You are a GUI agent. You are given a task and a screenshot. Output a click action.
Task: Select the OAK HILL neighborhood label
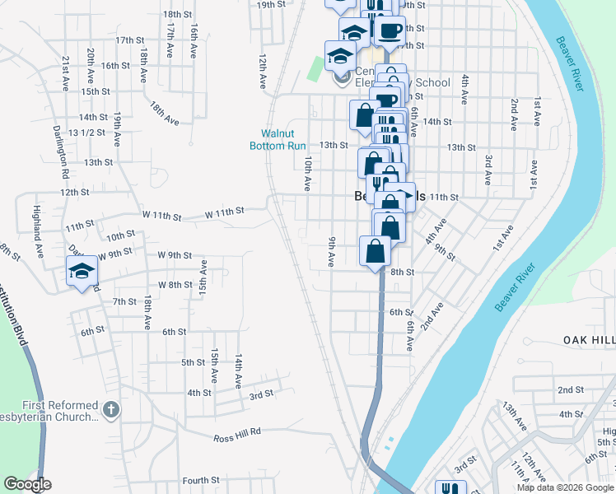coord(589,339)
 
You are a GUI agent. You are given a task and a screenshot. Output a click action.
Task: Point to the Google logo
coord(27,484)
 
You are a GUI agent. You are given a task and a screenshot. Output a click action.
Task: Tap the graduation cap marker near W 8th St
coord(82,272)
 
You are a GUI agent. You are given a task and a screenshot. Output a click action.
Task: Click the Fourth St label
coord(201,480)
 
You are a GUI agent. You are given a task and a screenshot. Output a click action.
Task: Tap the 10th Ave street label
coord(307,174)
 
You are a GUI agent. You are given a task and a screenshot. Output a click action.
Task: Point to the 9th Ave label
coord(331,252)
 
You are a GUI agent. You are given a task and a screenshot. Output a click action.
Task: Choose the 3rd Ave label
coord(488,169)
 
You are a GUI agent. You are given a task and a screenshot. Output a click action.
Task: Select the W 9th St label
coord(174,254)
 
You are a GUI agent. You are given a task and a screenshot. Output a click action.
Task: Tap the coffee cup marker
coord(389,31)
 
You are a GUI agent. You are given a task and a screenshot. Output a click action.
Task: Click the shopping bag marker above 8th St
coord(375,251)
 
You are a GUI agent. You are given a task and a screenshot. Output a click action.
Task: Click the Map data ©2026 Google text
coord(565,487)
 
